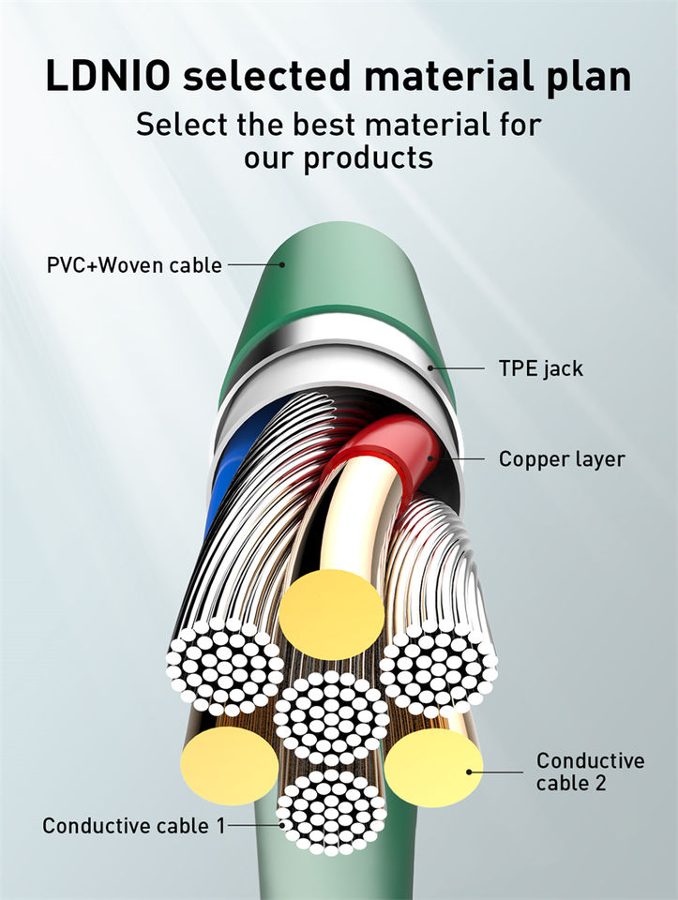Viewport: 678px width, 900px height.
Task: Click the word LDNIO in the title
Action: pyautogui.click(x=107, y=76)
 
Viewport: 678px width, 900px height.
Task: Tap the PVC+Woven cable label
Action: pyautogui.click(x=134, y=265)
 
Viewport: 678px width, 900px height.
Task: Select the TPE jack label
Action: pyautogui.click(x=540, y=368)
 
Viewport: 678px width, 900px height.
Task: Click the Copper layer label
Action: pyautogui.click(x=562, y=459)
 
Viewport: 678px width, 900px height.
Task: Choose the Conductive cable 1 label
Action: pyautogui.click(x=134, y=826)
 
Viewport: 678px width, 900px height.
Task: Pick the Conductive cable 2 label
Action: pyautogui.click(x=590, y=771)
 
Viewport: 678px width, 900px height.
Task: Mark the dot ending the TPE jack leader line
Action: pyautogui.click(x=432, y=367)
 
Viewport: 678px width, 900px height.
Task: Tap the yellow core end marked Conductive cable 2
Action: pyautogui.click(x=433, y=769)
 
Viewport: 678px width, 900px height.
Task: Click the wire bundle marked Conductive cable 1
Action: pyautogui.click(x=332, y=811)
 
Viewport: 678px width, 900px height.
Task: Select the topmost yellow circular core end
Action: pyautogui.click(x=332, y=614)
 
